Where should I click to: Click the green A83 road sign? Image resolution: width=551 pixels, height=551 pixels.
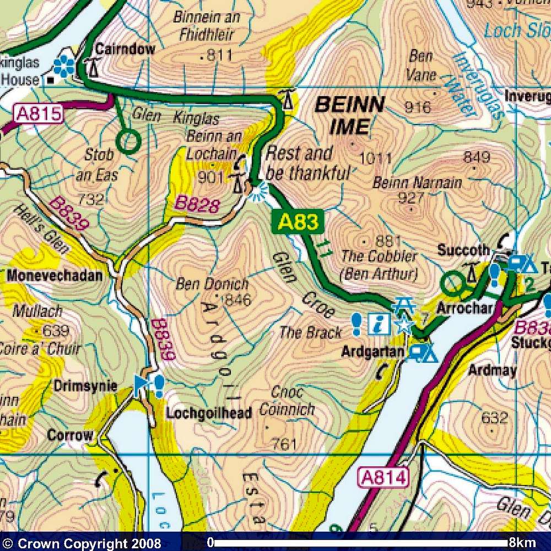point(298,223)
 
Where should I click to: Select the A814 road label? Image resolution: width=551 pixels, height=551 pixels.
point(384,477)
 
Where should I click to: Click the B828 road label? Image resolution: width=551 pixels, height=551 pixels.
point(198,203)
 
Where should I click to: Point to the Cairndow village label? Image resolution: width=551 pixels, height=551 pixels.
point(125,49)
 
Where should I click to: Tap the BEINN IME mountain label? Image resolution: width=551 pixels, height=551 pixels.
point(349,115)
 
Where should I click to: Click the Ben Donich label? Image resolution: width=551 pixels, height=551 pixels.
point(212,285)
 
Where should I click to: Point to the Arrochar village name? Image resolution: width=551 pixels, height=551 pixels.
point(464,309)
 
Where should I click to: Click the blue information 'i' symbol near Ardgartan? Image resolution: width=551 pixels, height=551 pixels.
point(379,325)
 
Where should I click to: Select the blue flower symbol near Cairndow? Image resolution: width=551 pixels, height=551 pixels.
point(65,66)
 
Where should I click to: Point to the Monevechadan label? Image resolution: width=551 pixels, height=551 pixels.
point(55,275)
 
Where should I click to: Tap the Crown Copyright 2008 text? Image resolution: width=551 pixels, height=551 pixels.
point(83,544)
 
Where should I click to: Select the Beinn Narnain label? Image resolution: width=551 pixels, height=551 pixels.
point(417,183)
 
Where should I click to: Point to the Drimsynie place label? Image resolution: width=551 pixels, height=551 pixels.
point(85,386)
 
